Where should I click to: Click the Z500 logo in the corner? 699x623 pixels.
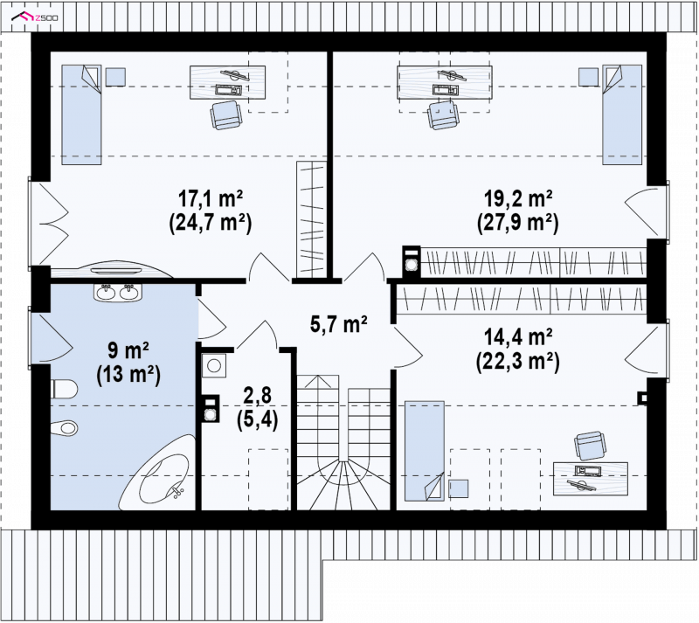click(x=35, y=17)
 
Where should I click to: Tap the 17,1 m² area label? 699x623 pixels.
click(x=211, y=197)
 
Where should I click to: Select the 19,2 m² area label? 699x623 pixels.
click(x=518, y=197)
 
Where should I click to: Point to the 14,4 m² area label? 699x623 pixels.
click(x=518, y=336)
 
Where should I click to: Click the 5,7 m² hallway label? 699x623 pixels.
click(x=339, y=324)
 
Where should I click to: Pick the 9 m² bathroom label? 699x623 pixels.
click(x=128, y=350)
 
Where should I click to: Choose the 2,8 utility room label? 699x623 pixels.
click(x=258, y=396)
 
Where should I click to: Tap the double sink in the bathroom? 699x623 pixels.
click(x=118, y=292)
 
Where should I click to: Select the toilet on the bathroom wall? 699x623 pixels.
click(x=64, y=389)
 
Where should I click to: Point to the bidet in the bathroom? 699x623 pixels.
click(x=64, y=427)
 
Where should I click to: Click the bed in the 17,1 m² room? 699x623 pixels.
click(x=81, y=114)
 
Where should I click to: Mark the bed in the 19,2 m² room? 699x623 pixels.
click(x=622, y=114)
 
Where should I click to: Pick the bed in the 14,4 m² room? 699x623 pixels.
click(x=425, y=451)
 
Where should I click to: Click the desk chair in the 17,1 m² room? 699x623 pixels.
click(x=227, y=115)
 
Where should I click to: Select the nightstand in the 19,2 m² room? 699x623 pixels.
click(x=588, y=77)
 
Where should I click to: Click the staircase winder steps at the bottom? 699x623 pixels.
click(x=343, y=485)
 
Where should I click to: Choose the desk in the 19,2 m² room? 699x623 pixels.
click(x=445, y=82)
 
